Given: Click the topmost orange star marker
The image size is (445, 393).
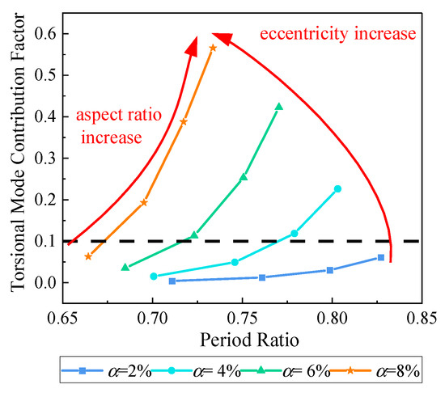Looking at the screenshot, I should pos(213,48).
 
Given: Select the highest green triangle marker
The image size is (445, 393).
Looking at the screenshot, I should pos(279,107).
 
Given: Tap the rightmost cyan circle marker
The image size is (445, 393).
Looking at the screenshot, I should pos(338,189).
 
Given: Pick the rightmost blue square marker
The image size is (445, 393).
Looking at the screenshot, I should pos(381,257).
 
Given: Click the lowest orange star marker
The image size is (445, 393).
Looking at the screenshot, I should pos(88,256).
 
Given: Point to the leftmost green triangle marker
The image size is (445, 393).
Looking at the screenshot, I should pos(125,267).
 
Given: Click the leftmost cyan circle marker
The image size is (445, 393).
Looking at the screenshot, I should pos(154,277).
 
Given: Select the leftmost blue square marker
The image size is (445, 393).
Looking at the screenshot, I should pos(172,281).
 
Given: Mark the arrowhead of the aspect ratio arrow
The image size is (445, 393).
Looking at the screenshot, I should pos(193,44).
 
